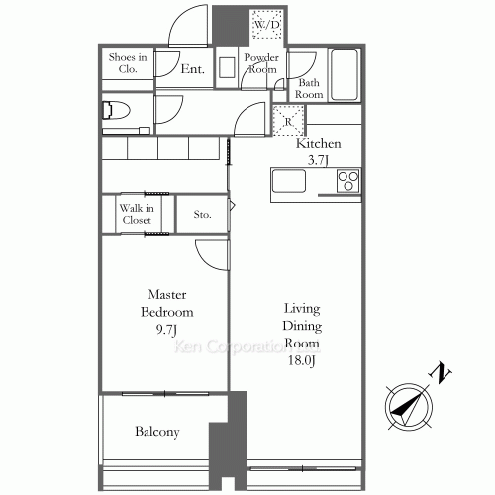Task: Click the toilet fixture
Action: click(116, 110)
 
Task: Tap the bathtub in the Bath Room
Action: click(345, 75)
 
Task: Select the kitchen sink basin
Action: click(289, 181)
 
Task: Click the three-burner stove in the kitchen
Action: click(348, 181)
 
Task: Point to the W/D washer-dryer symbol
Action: click(266, 24)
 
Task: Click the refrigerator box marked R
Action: click(288, 121)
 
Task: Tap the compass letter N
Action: click(440, 373)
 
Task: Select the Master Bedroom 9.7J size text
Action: click(167, 329)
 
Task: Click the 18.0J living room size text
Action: click(302, 360)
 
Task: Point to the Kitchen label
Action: click(319, 143)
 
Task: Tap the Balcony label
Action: click(157, 432)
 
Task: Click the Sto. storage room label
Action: click(202, 215)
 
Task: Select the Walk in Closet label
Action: click(137, 214)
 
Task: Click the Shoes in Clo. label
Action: click(128, 63)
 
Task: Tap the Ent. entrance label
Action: click(193, 69)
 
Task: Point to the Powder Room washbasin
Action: click(227, 67)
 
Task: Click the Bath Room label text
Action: click(309, 88)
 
